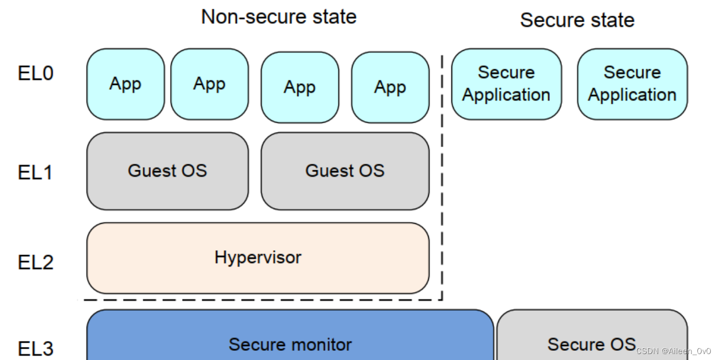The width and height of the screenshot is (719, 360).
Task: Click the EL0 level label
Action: [36, 73]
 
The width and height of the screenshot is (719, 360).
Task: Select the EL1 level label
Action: [35, 172]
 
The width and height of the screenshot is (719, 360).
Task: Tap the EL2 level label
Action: [36, 262]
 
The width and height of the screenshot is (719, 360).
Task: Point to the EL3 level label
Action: [36, 349]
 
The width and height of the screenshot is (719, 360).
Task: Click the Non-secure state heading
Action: [278, 16]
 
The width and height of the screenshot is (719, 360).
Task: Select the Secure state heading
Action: [577, 20]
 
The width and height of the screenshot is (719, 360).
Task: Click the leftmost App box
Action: [125, 84]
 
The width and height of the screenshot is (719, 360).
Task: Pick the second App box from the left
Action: [210, 84]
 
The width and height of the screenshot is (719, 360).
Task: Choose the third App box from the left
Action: [300, 87]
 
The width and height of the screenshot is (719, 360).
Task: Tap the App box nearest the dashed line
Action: [390, 87]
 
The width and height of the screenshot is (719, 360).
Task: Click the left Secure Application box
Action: [507, 84]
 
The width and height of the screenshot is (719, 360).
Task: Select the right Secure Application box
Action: [633, 84]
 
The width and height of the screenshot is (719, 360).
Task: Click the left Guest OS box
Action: [168, 171]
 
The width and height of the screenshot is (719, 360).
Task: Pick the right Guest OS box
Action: [345, 171]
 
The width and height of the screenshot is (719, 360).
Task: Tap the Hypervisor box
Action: [258, 258]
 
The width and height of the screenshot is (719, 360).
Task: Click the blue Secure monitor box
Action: [290, 335]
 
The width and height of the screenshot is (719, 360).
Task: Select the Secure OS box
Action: [592, 335]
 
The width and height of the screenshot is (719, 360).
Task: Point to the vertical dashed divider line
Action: [442, 177]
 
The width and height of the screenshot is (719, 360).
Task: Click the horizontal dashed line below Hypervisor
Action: [263, 300]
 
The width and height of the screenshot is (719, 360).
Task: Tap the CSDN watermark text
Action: [673, 351]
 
